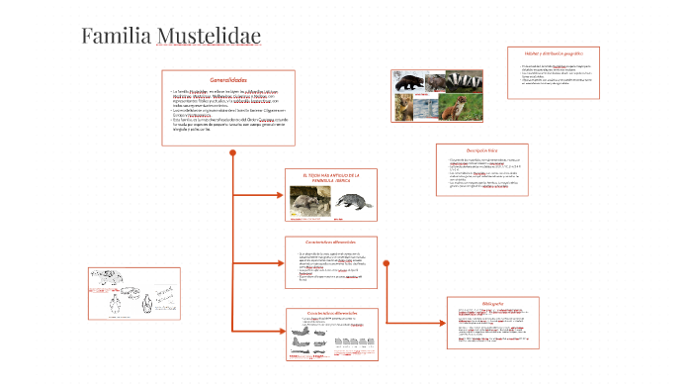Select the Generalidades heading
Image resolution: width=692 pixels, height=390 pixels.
pyautogui.click(x=228, y=79)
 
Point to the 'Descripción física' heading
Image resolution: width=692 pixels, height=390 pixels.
pyautogui.click(x=481, y=150)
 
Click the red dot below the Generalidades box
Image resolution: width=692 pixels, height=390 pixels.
pyautogui.click(x=231, y=152)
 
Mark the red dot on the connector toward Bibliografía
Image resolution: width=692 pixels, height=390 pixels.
pyautogui.click(x=386, y=262)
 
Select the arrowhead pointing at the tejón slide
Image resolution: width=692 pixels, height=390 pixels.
pyautogui.click(x=279, y=193)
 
